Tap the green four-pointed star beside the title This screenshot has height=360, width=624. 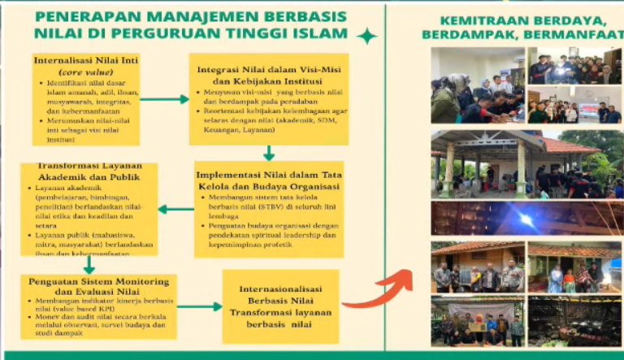367,35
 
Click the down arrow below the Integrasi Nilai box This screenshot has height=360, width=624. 269,152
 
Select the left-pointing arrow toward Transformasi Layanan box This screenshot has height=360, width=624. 175,209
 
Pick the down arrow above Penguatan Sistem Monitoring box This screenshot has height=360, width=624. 89,265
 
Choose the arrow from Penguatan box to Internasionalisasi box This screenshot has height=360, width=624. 198,306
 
